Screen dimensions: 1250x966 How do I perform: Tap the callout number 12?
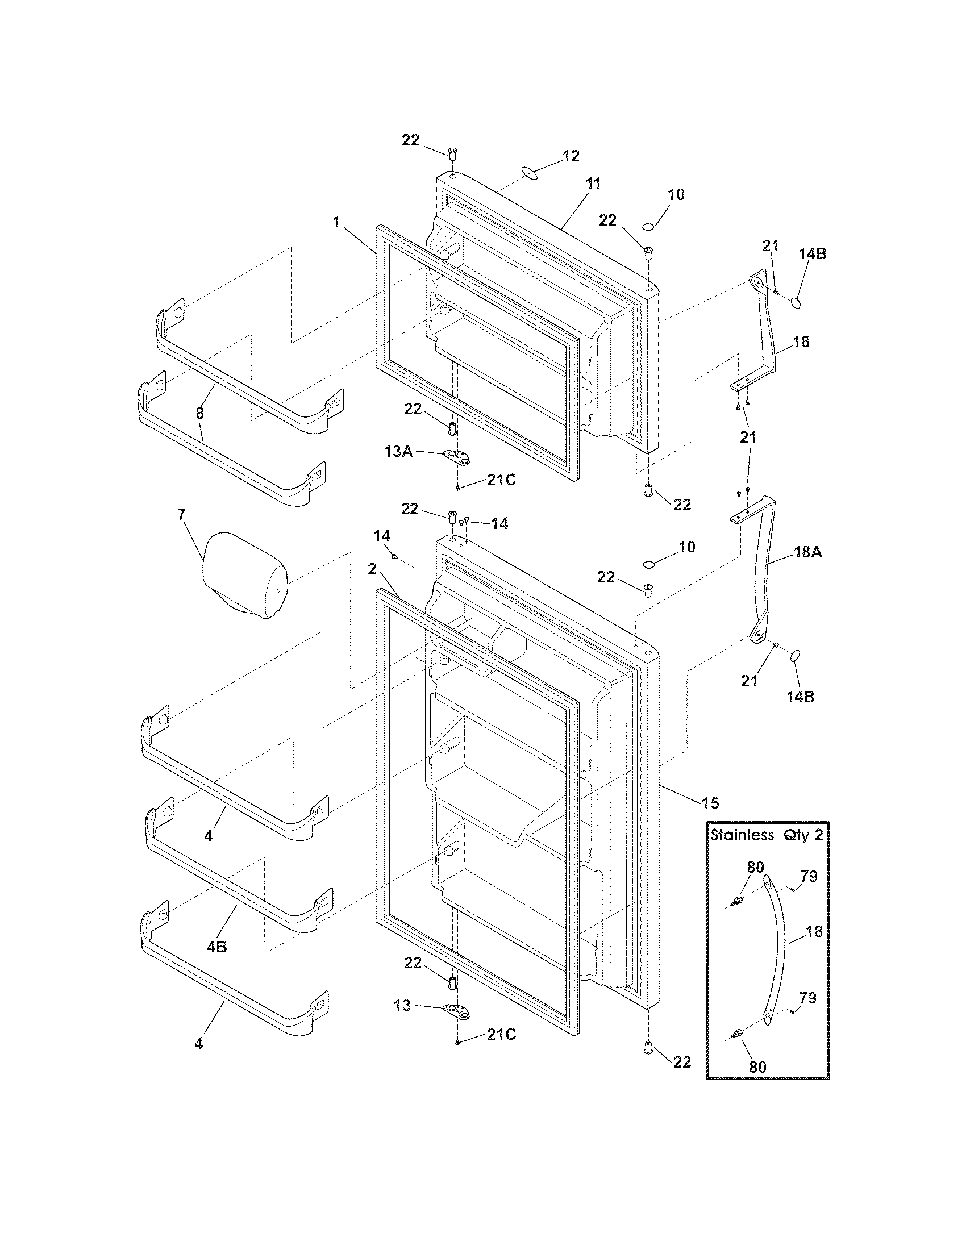click(x=571, y=156)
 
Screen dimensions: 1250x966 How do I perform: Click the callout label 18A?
click(x=807, y=552)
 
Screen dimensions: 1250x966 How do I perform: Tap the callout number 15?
click(x=710, y=803)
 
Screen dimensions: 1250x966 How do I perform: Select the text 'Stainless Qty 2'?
click(x=767, y=835)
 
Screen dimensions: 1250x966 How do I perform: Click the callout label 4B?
click(x=217, y=947)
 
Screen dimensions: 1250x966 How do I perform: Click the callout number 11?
click(x=593, y=184)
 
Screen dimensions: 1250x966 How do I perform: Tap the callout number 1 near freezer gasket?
click(x=336, y=223)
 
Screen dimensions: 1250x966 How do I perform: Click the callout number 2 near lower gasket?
click(x=372, y=569)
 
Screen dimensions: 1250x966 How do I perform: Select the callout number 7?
click(x=181, y=515)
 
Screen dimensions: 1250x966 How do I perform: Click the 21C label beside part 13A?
click(x=501, y=480)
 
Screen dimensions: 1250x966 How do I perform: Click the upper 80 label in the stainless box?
click(x=755, y=867)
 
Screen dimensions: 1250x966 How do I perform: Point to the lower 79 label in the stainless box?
click(x=807, y=998)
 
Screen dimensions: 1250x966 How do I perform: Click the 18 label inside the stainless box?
click(x=813, y=932)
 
